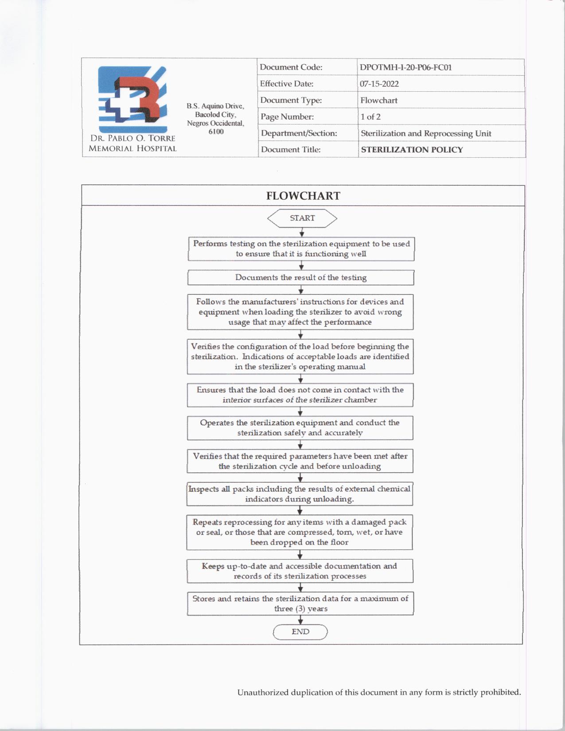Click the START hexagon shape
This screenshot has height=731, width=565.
tap(302, 218)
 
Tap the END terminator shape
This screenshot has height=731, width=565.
tap(300, 632)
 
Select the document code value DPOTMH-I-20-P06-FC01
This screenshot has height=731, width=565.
tap(405, 68)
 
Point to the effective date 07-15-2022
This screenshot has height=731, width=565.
tap(379, 84)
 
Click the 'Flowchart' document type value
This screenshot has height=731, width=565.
tap(378, 101)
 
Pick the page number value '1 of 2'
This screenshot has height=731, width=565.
tap(370, 117)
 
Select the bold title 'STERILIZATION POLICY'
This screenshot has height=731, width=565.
tap(412, 150)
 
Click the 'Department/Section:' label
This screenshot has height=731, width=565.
tap(299, 133)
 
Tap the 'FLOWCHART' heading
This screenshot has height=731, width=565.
tap(303, 196)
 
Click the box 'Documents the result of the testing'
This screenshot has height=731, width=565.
tap(300, 278)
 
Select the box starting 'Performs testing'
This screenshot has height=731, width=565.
tap(301, 249)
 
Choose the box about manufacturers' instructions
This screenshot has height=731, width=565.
tap(300, 312)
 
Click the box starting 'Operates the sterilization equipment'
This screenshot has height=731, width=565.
tap(300, 428)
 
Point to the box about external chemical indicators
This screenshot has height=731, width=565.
tap(300, 494)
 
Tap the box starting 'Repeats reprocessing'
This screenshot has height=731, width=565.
tap(300, 532)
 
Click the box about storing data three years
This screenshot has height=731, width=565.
tap(300, 603)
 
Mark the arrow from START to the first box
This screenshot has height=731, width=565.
tap(302, 233)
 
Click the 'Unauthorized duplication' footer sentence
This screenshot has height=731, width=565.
tap(379, 692)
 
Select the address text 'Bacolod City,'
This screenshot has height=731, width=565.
tap(215, 115)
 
